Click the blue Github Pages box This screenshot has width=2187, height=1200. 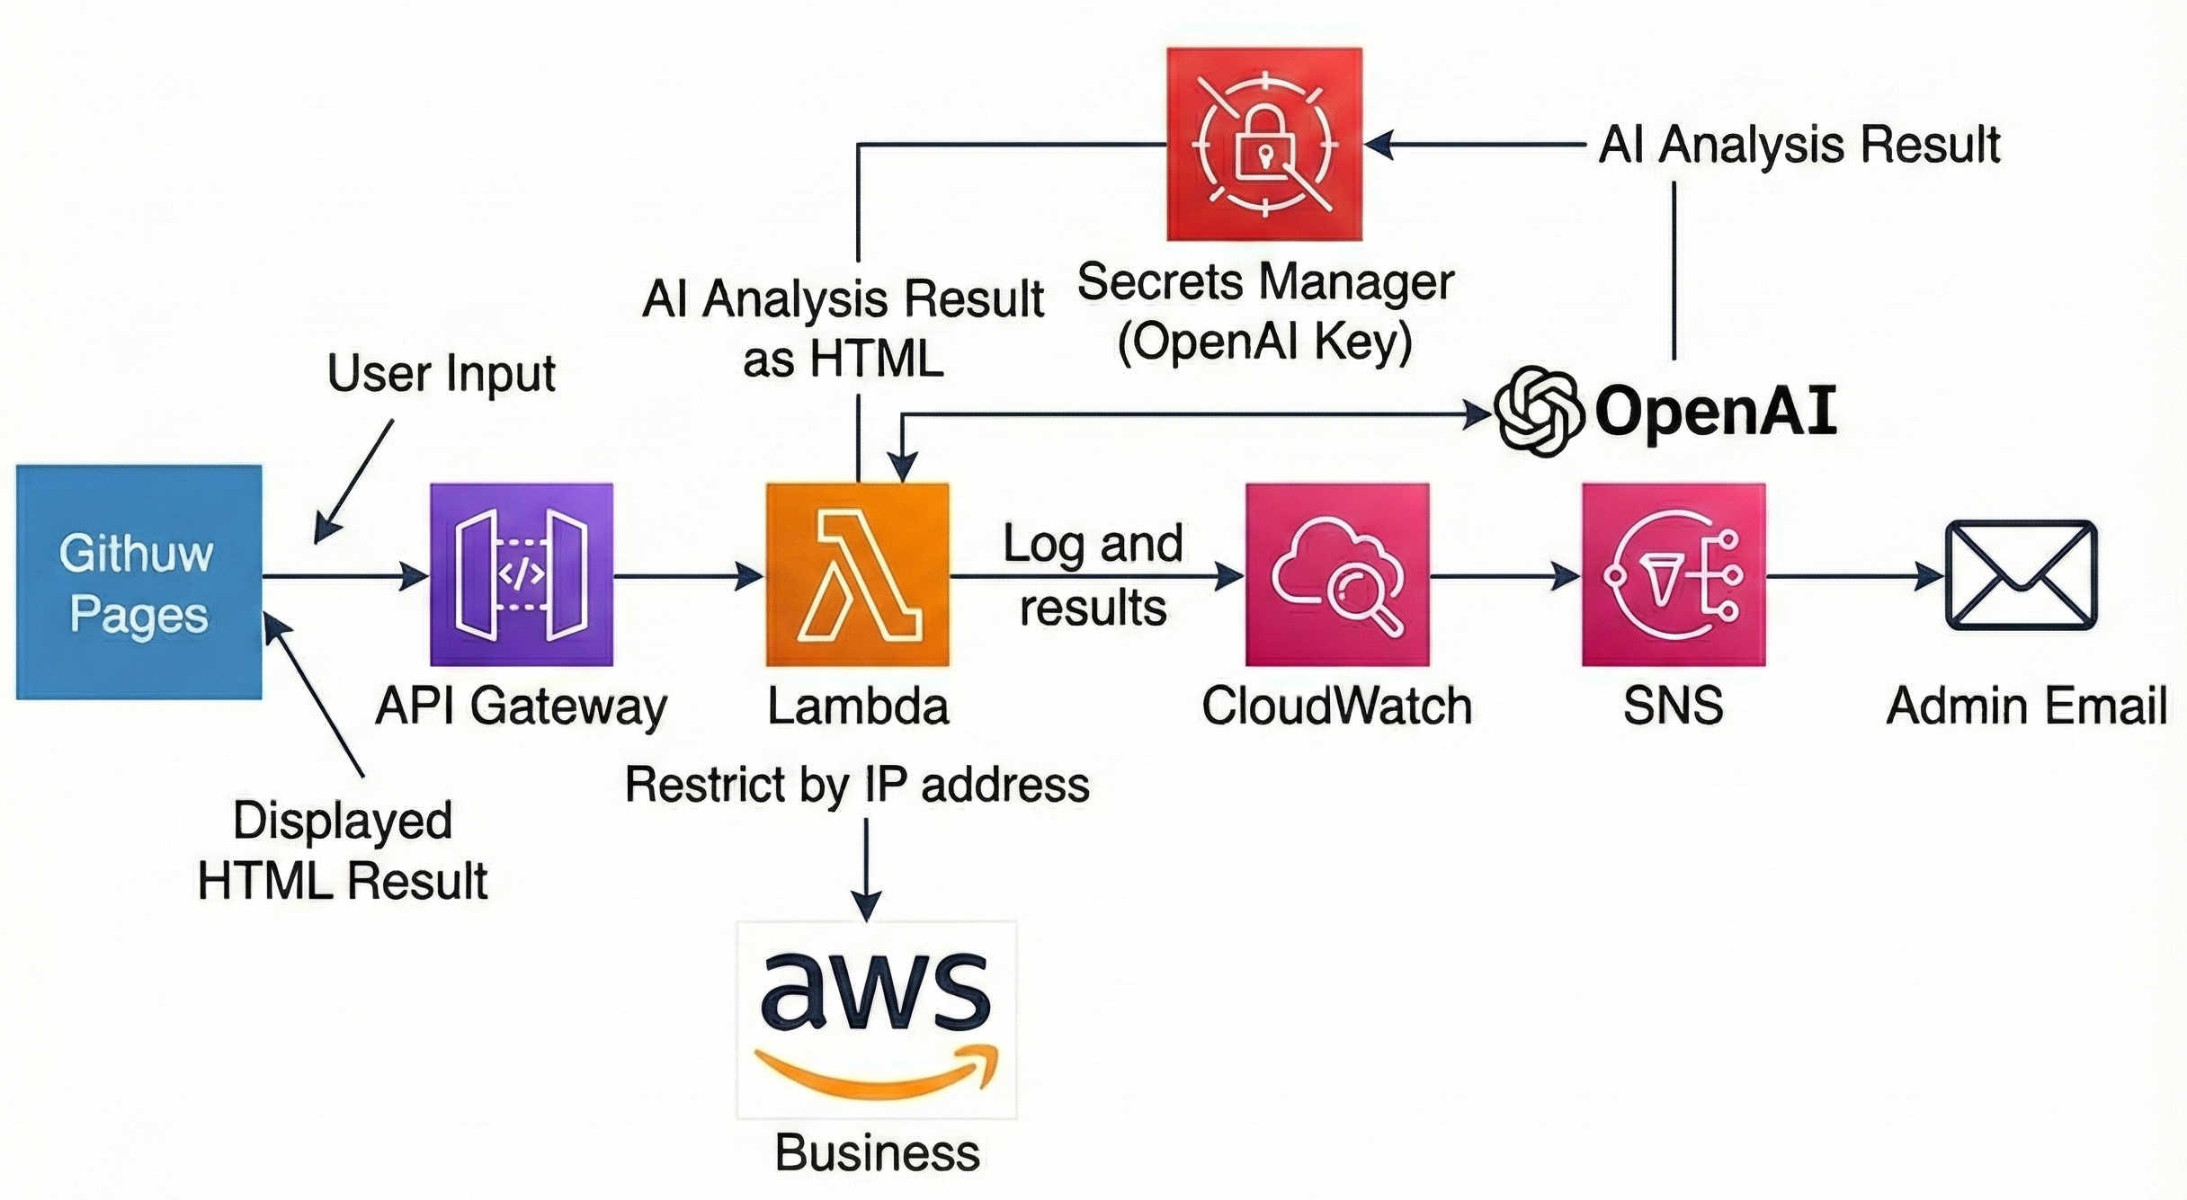pyautogui.click(x=139, y=582)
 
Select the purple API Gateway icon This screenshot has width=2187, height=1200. pyautogui.click(x=522, y=574)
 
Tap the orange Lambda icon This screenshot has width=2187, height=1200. pyautogui.click(x=858, y=574)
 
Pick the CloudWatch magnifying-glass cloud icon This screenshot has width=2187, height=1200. pyautogui.click(x=1337, y=574)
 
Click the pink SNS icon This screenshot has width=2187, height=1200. pyautogui.click(x=1674, y=574)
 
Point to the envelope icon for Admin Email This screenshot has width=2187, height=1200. pyautogui.click(x=2021, y=575)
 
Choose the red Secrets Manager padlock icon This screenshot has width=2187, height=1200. pyautogui.click(x=1264, y=145)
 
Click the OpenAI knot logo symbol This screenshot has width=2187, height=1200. pyautogui.click(x=1538, y=412)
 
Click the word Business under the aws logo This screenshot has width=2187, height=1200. pyautogui.click(x=877, y=1152)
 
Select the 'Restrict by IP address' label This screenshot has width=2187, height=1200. pyautogui.click(x=857, y=784)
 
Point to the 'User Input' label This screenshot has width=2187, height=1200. pyautogui.click(x=442, y=373)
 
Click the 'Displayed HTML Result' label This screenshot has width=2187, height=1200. pyautogui.click(x=343, y=850)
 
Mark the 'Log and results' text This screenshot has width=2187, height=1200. pyautogui.click(x=1093, y=575)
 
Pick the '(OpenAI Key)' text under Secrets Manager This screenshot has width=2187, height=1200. pyautogui.click(x=1264, y=342)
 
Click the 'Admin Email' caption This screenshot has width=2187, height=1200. pyautogui.click(x=2027, y=706)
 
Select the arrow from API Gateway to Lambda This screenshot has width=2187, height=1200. pyautogui.click(x=689, y=575)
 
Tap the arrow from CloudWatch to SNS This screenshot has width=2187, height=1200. pyautogui.click(x=1505, y=575)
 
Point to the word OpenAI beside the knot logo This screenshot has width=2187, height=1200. pyautogui.click(x=1716, y=412)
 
